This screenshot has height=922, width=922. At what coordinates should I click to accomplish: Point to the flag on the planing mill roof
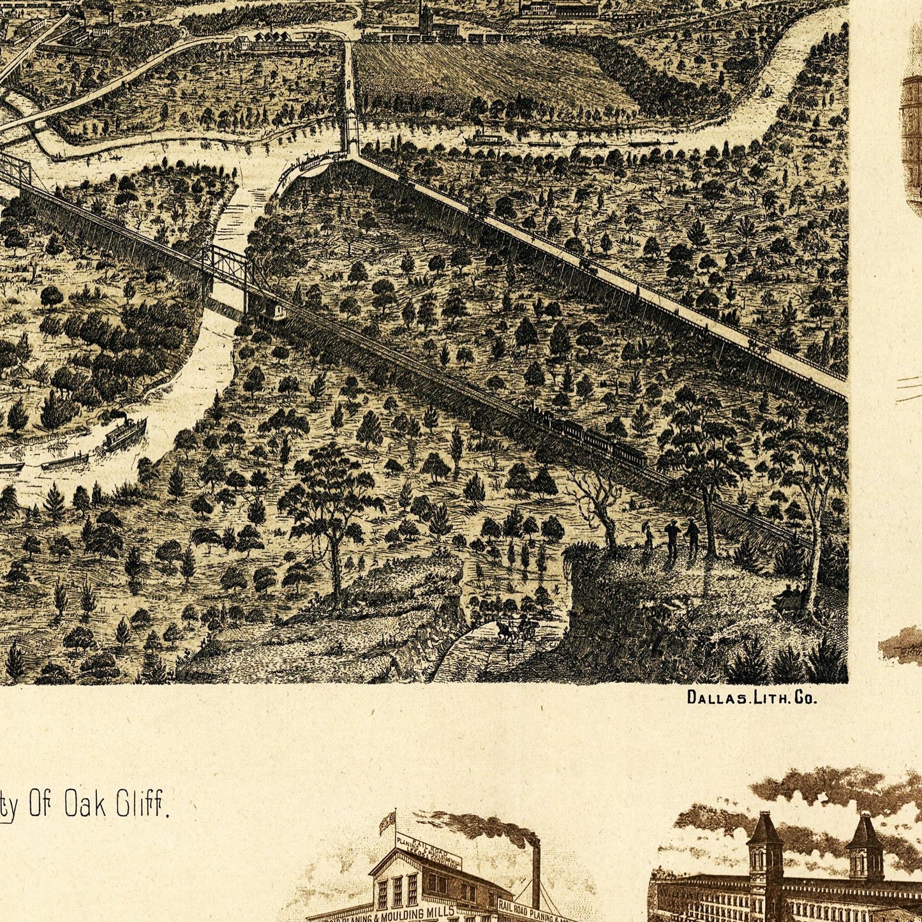click(x=387, y=822)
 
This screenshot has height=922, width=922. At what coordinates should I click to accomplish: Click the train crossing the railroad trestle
click(x=587, y=434)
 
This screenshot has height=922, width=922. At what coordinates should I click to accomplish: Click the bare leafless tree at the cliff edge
click(x=597, y=504)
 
